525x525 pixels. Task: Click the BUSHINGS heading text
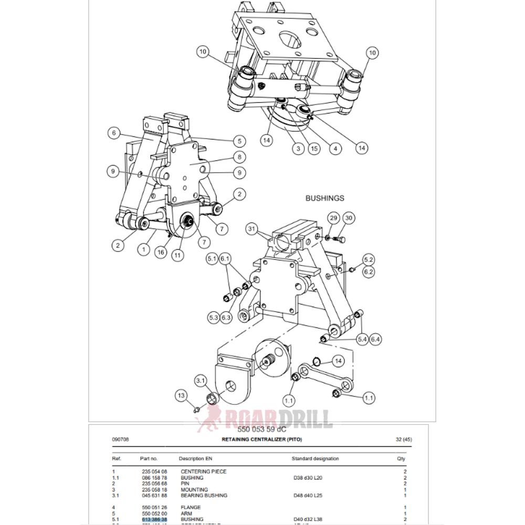pos(325,198)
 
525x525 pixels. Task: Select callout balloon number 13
pos(182,395)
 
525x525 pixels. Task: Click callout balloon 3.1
pos(201,380)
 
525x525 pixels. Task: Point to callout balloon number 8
pos(239,156)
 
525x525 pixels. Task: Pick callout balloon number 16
pos(161,252)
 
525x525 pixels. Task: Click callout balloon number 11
pos(178,255)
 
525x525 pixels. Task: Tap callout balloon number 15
pos(314,149)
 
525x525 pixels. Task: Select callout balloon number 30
pos(349,218)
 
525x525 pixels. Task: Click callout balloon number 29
pos(333,218)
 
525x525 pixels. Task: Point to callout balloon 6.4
pos(376,340)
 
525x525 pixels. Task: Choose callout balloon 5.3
pos(213,317)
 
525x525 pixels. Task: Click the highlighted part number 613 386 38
pos(154,519)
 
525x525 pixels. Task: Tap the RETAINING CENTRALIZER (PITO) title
pos(262,439)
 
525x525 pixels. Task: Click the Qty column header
pos(402,458)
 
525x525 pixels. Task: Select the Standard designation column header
pos(315,458)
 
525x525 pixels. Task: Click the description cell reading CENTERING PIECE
pos(204,471)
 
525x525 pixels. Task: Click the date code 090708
pos(121,439)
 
